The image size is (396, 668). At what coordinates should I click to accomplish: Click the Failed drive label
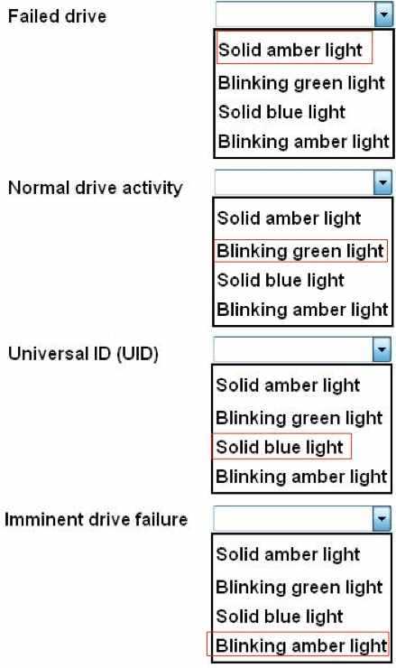coord(57,16)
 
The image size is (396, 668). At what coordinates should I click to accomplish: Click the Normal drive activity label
coord(95,188)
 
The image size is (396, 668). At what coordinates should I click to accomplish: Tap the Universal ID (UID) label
coord(83,354)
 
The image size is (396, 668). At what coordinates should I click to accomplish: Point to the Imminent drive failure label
coord(96,519)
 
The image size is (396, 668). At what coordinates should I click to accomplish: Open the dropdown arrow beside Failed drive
coord(383,15)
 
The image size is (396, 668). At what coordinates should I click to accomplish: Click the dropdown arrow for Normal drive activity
coord(382,182)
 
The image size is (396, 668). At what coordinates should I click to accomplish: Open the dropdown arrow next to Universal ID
coord(382,349)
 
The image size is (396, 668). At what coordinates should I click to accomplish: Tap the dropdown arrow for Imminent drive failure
coord(382,518)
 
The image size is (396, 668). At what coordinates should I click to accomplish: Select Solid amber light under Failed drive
coord(290,50)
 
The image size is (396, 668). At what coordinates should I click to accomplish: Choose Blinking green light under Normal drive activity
coord(300,251)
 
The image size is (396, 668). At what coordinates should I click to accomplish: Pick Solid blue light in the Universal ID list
coord(280,447)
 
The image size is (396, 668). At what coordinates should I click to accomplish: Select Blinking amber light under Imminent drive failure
coord(301,645)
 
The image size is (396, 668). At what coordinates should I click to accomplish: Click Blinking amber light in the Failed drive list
coord(304,142)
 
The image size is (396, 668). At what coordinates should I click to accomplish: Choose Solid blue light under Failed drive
coord(281,112)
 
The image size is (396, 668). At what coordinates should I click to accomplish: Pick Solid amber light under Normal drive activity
coord(289,218)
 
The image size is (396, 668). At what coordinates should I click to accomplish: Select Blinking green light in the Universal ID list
coord(299,418)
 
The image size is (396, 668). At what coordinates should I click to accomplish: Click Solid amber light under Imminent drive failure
coord(288,554)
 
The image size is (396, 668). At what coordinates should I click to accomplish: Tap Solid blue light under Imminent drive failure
coord(280,616)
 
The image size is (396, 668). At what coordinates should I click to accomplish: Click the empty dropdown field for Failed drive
coord(296,15)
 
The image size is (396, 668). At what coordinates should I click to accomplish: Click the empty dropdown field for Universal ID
coord(293,349)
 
